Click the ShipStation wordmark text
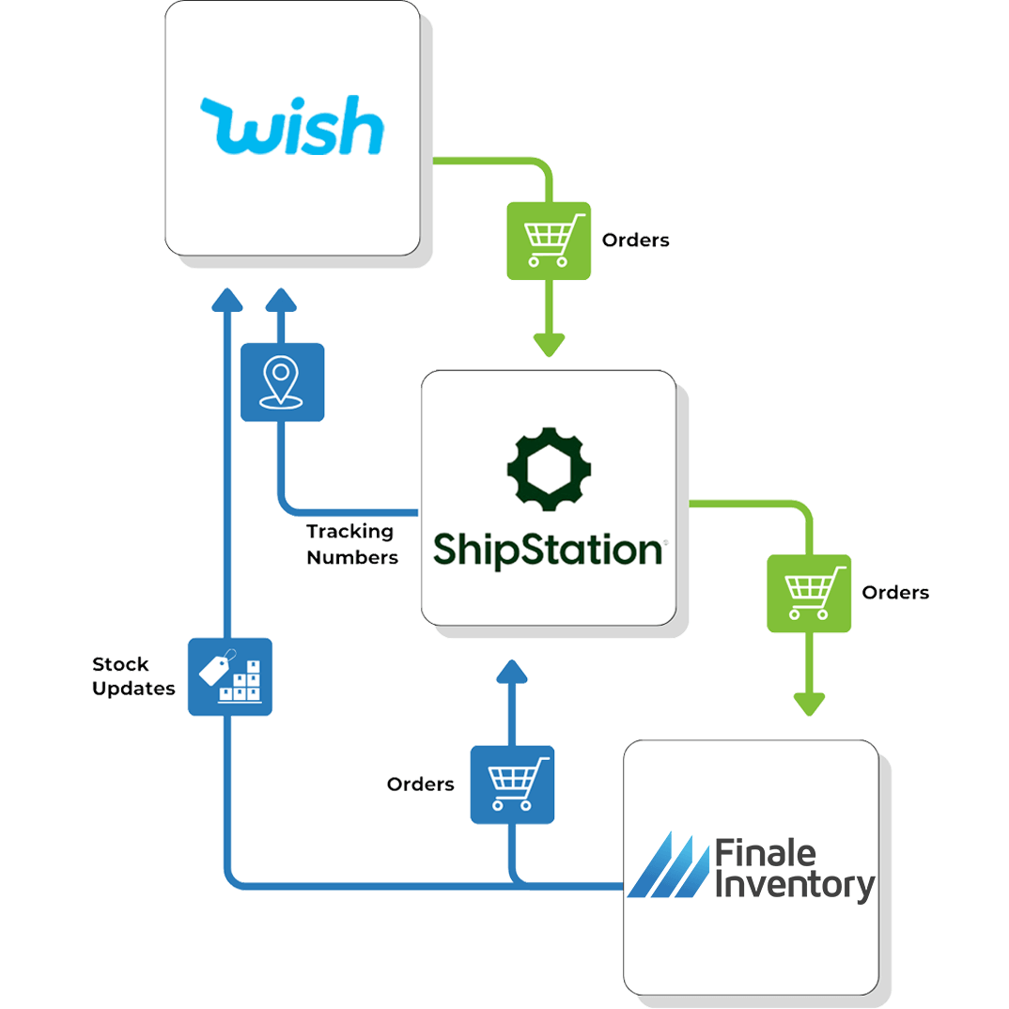[549, 550]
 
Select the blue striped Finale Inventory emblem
[668, 864]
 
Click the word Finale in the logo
[766, 854]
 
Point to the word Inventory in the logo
[795, 886]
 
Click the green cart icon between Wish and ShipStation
[549, 240]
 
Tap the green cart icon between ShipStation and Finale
[809, 593]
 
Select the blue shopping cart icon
[512, 784]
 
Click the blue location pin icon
[282, 381]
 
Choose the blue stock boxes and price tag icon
[230, 676]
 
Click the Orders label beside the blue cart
[421, 784]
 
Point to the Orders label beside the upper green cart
[636, 241]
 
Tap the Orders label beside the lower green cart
[895, 593]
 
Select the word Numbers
[352, 557]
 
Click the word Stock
[120, 664]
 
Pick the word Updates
[133, 689]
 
